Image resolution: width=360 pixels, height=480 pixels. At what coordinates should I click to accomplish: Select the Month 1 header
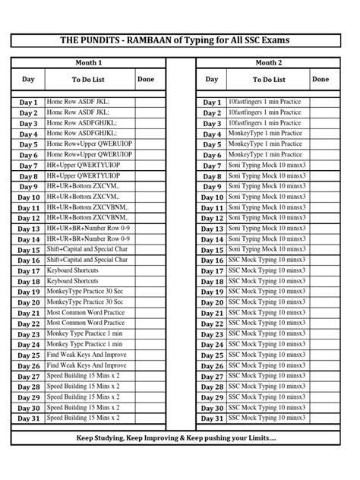coord(89,62)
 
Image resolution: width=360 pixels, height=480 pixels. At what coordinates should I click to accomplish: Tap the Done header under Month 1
coord(145,79)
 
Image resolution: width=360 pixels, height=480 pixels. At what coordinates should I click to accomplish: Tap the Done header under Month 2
coord(320,79)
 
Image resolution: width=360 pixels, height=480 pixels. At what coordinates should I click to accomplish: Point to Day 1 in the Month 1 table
coord(28,102)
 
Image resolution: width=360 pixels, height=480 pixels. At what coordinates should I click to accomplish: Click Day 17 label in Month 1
coord(28,271)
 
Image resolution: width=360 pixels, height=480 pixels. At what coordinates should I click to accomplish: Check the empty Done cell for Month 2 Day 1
coord(321,102)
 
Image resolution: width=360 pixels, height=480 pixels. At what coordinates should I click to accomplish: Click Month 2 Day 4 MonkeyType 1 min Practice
coord(265,134)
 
